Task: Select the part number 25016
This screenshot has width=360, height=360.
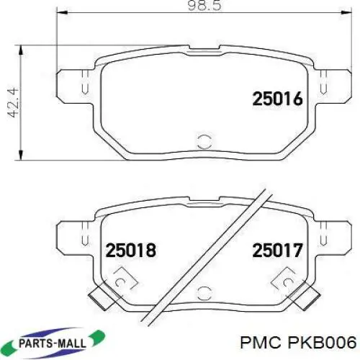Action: point(278,99)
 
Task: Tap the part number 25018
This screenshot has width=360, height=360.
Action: point(131,250)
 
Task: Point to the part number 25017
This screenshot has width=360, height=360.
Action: point(277,250)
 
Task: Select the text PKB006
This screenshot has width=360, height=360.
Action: point(323,343)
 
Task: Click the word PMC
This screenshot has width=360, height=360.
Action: point(264,343)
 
